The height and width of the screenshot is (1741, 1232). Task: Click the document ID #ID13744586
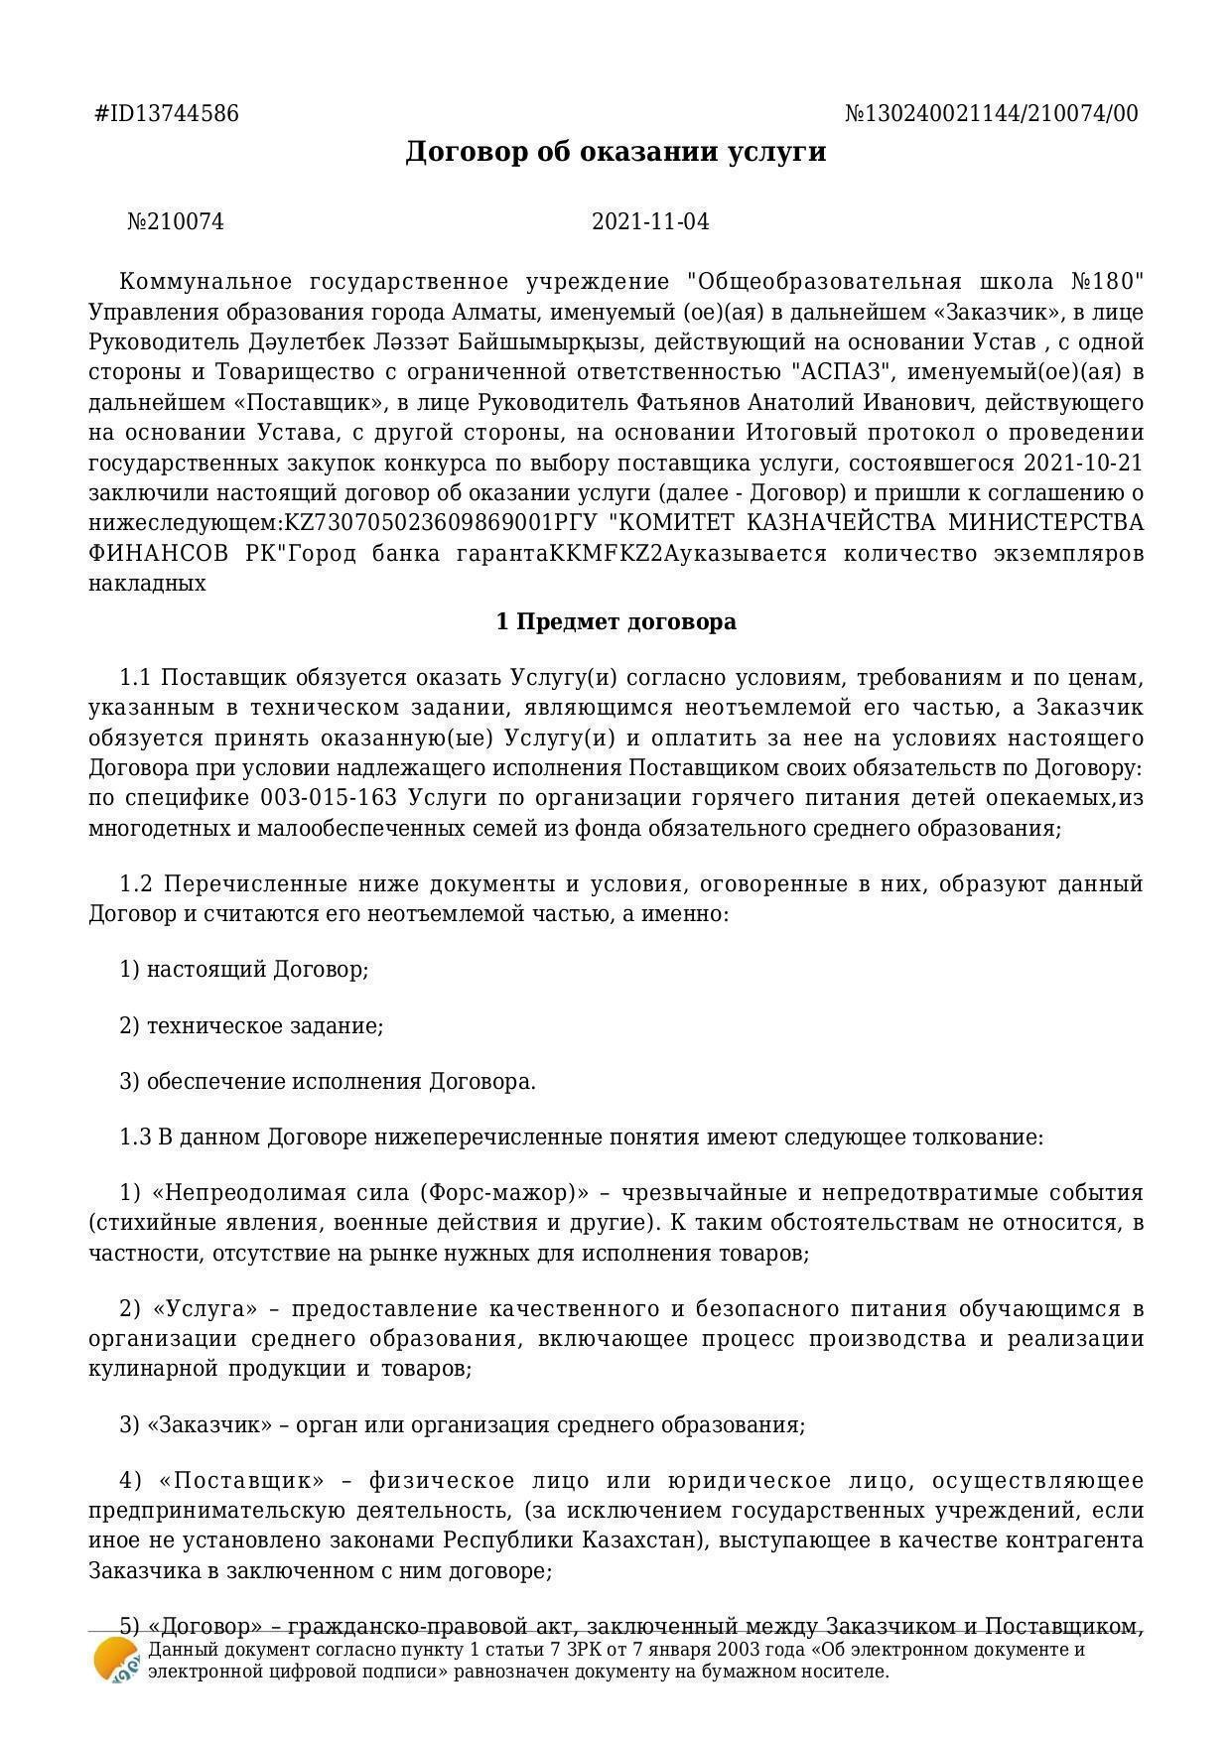167,114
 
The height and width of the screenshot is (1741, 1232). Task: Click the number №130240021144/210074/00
991,114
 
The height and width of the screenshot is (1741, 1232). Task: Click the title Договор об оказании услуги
616,152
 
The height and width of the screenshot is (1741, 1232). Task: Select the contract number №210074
176,221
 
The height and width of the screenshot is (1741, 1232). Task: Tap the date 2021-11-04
650,221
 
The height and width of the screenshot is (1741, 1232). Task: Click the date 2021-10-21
1083,464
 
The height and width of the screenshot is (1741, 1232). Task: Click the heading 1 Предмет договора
616,622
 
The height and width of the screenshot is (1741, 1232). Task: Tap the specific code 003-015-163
329,798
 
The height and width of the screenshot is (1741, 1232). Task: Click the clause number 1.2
136,883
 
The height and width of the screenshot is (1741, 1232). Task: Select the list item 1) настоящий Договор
244,969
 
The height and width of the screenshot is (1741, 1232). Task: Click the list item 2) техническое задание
251,1025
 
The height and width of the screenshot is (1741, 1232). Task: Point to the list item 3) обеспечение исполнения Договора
328,1081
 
